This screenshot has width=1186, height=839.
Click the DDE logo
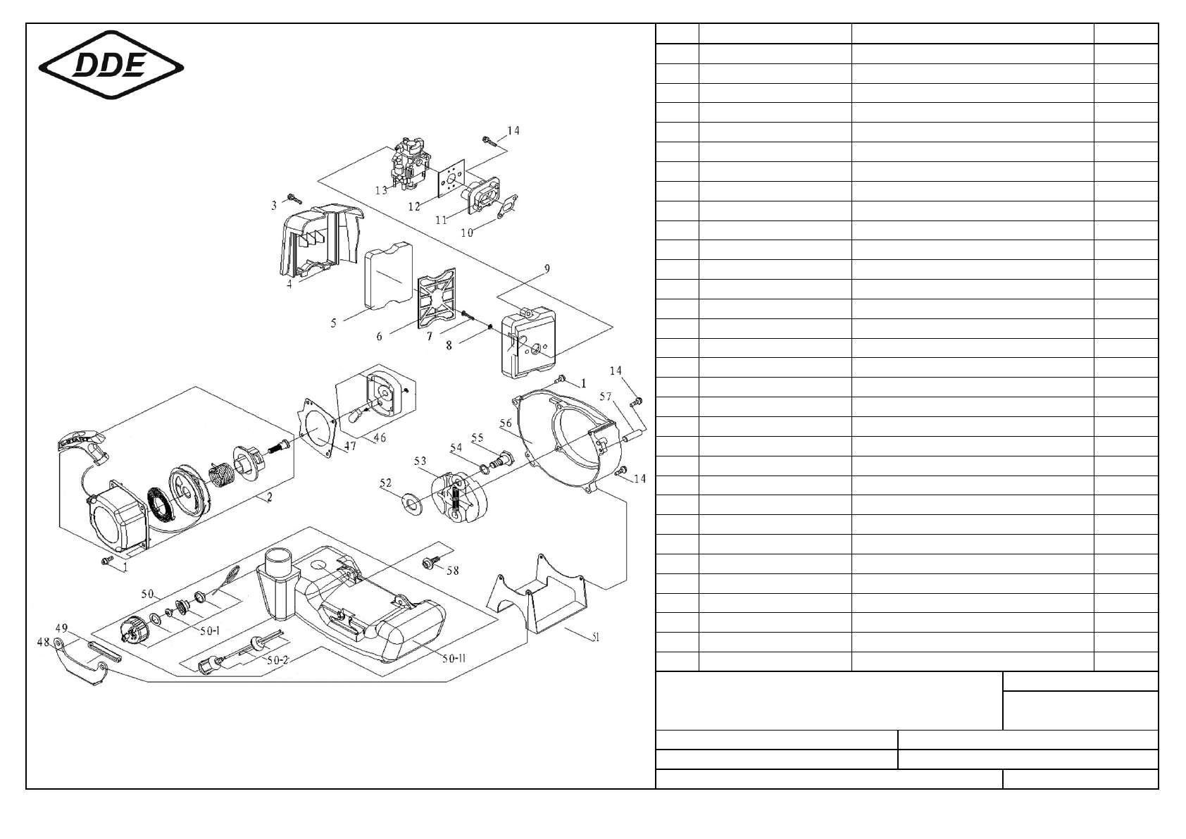[x=111, y=67]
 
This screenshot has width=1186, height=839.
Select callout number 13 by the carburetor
[x=381, y=190]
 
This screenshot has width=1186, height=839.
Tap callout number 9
[x=547, y=268]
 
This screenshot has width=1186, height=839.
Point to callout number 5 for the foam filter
[x=334, y=323]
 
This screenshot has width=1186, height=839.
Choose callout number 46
[x=380, y=437]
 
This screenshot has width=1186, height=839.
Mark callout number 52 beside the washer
[x=386, y=483]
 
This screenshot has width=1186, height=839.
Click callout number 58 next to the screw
[x=452, y=570]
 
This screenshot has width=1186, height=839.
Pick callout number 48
[x=43, y=642]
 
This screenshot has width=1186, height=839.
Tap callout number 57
[x=606, y=397]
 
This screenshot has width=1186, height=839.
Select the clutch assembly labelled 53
[x=454, y=497]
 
